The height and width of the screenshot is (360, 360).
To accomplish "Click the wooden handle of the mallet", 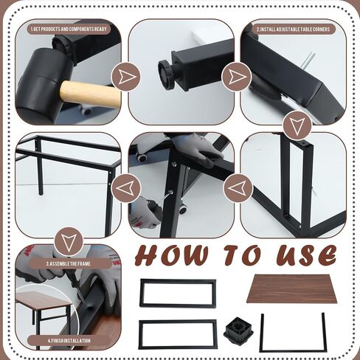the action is (x=91, y=94).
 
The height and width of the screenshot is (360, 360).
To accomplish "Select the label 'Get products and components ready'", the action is (x=69, y=29).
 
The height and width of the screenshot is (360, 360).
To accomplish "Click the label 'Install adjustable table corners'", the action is (x=293, y=30).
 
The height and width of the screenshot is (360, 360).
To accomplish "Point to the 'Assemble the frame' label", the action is (x=69, y=264).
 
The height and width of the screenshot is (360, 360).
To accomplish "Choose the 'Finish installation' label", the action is (x=69, y=341).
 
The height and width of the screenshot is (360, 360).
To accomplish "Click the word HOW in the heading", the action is (x=172, y=256).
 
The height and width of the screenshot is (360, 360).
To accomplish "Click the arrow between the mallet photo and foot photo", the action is (x=126, y=77).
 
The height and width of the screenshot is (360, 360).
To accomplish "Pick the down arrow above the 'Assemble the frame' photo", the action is (x=69, y=241).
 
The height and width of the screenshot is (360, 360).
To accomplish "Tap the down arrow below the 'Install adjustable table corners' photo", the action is (x=297, y=125).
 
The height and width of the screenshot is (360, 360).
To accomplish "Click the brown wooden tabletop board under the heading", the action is (x=291, y=289).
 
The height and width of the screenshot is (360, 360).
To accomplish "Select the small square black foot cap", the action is (x=238, y=330).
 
